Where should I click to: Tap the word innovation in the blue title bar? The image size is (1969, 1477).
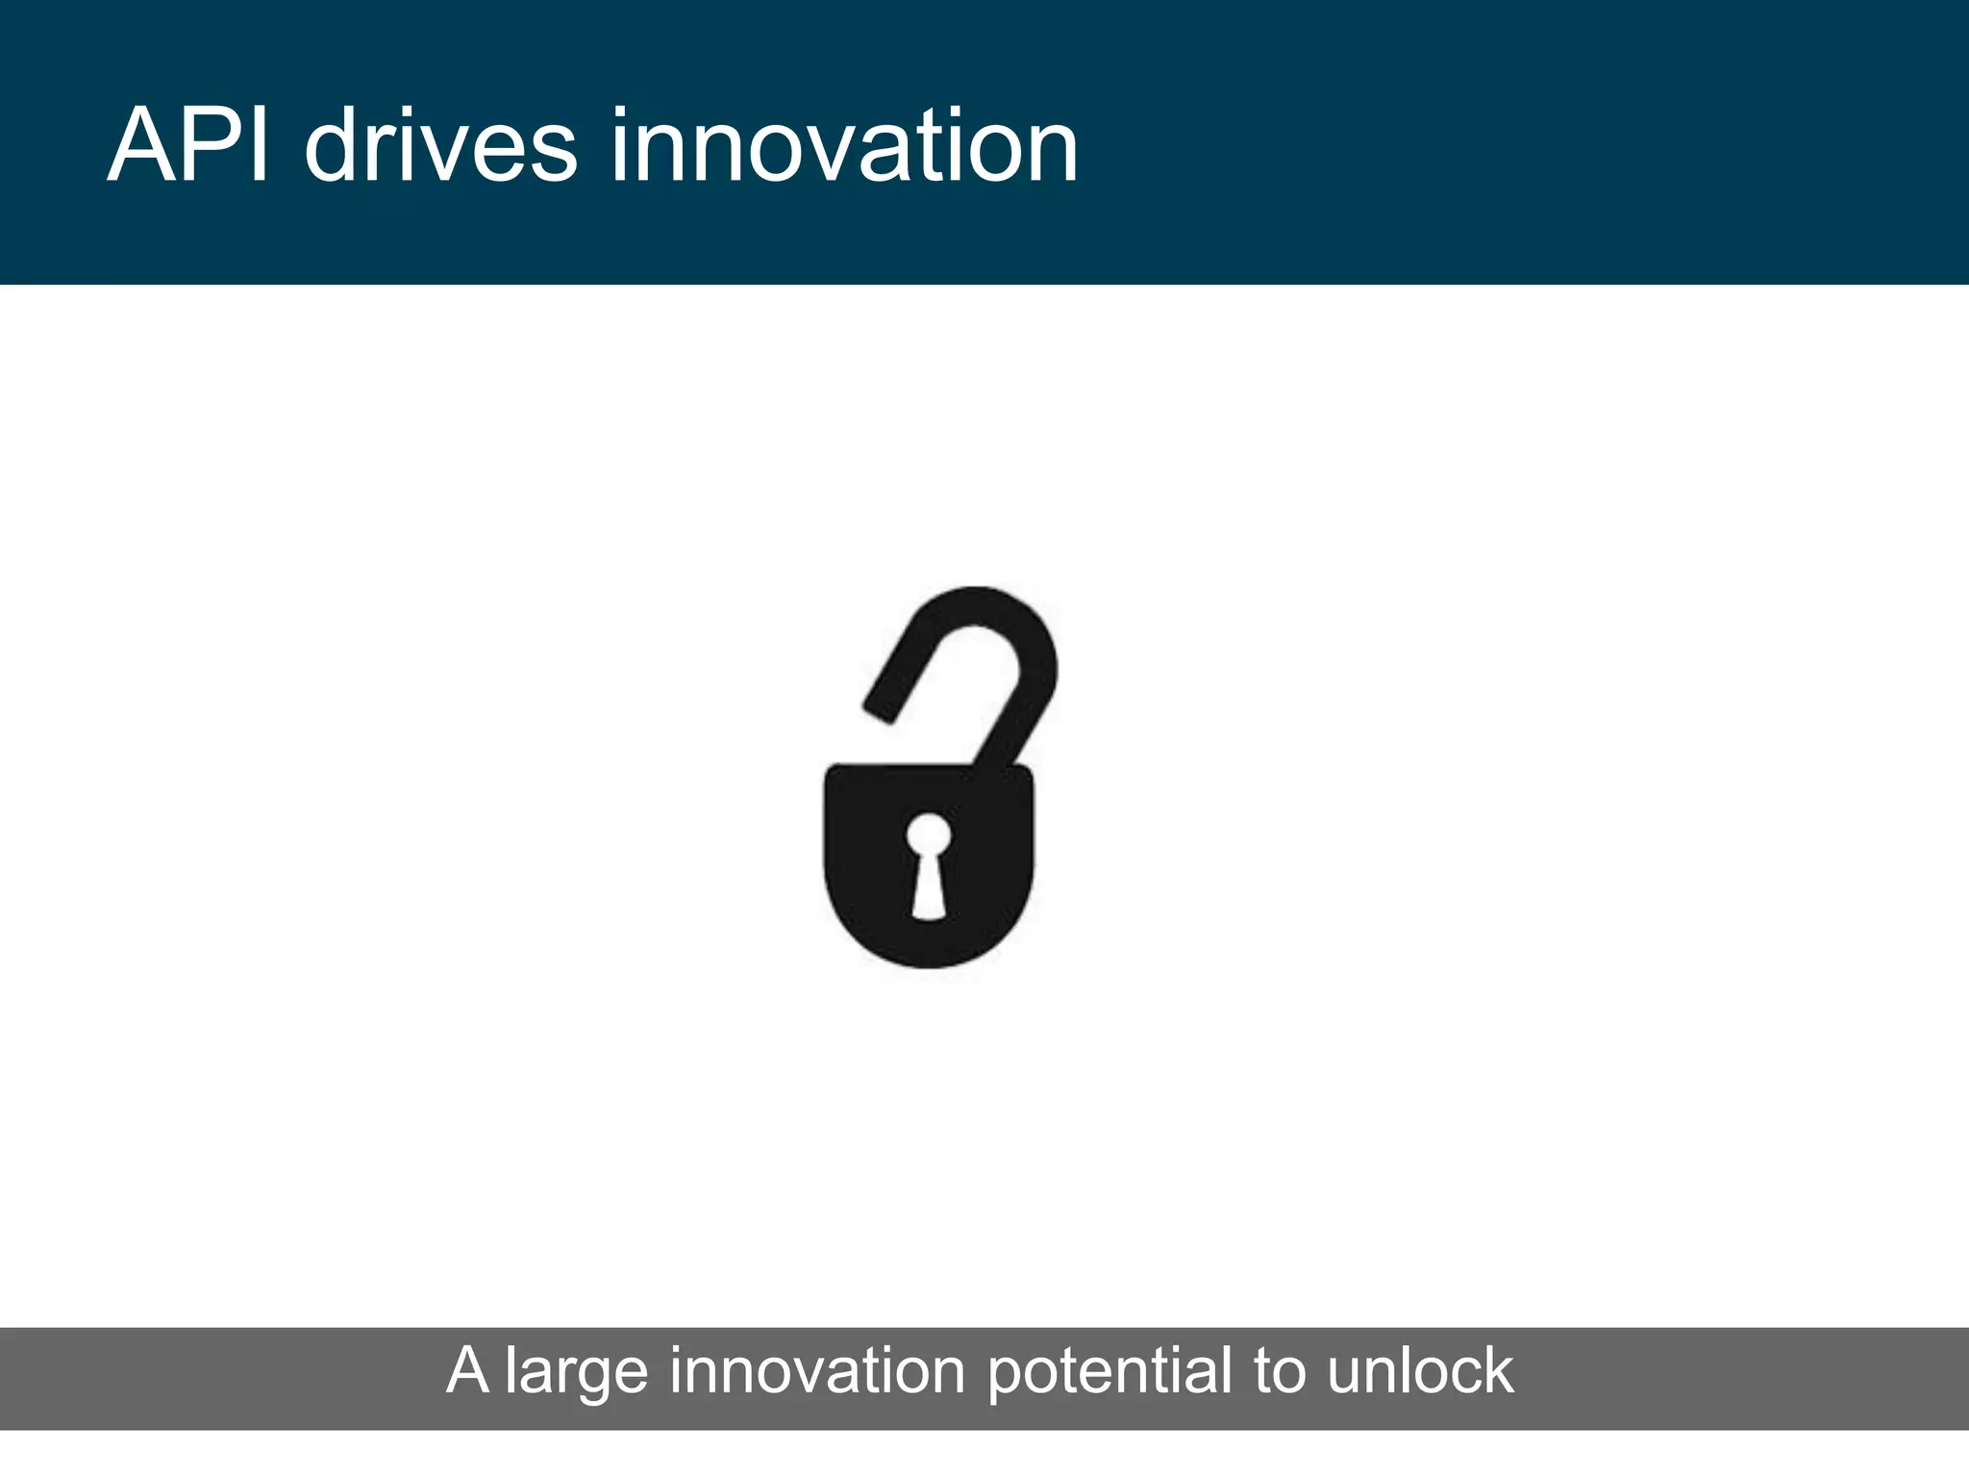tap(844, 146)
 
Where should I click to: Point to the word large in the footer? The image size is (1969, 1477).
tap(576, 1372)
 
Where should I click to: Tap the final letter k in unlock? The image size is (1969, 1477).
tap(1496, 1370)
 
